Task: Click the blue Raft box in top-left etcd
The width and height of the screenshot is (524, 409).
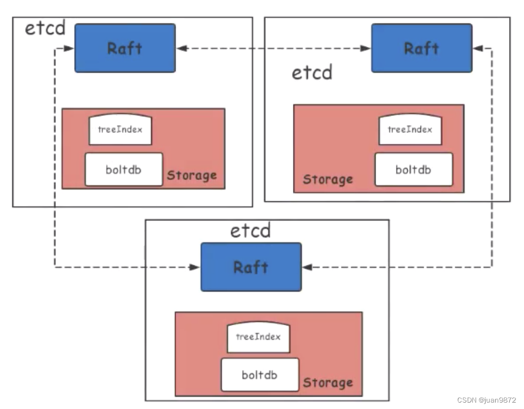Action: [x=125, y=48]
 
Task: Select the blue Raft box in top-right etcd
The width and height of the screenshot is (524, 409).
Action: [x=422, y=48]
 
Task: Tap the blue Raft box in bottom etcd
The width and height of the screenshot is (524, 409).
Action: [x=251, y=267]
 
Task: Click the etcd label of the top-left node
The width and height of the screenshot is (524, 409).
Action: [x=45, y=28]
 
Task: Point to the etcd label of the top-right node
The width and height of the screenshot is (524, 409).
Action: [x=312, y=72]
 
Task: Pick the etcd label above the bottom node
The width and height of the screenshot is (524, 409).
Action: [x=250, y=231]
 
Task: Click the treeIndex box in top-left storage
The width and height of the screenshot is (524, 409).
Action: [x=120, y=130]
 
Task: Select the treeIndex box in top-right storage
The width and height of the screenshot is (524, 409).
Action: [x=410, y=130]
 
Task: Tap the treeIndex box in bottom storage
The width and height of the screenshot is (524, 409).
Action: [x=258, y=337]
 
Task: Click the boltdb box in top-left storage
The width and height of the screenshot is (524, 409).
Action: [x=123, y=170]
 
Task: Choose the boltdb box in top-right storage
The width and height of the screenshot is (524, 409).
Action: [x=414, y=170]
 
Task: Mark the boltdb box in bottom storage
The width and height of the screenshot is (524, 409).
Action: [x=260, y=375]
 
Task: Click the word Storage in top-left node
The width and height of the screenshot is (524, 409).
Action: [x=192, y=175]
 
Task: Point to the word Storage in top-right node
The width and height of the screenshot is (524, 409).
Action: [x=328, y=179]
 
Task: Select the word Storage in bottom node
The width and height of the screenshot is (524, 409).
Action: [x=328, y=383]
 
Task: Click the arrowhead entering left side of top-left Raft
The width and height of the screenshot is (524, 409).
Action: [x=70, y=49]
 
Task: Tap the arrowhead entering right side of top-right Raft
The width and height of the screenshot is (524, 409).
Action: [x=478, y=49]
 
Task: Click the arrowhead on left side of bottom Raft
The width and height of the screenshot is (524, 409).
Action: [x=196, y=267]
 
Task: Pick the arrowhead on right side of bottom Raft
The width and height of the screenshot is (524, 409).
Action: [x=306, y=267]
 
